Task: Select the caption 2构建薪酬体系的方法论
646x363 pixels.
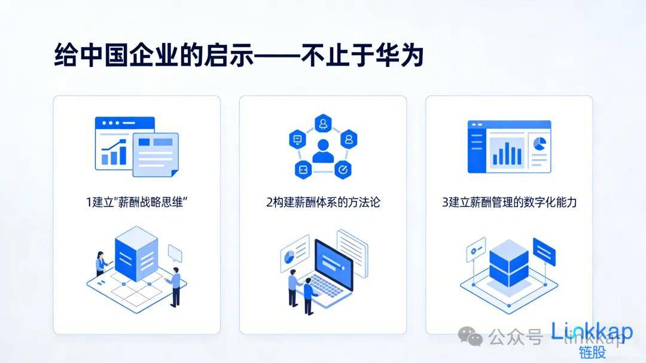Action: click(323, 202)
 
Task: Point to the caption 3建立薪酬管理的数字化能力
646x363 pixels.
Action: click(509, 202)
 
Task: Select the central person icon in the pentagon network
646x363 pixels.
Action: click(324, 150)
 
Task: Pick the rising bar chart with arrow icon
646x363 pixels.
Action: click(114, 152)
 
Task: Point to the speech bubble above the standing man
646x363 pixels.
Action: click(175, 252)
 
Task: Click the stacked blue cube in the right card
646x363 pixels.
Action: click(508, 263)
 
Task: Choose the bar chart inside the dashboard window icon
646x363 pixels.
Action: click(507, 152)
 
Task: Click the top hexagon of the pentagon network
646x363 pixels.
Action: click(324, 122)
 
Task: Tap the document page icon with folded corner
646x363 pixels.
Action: click(155, 154)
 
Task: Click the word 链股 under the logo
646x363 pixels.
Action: click(592, 352)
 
